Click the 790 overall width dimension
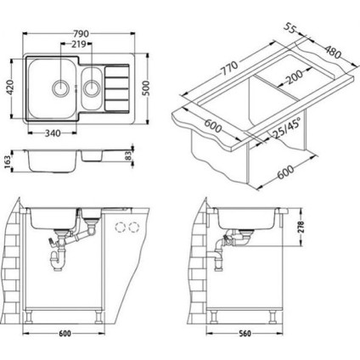point(82,34)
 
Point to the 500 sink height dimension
point(146,88)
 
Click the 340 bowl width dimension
point(53,133)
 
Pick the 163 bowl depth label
point(8,162)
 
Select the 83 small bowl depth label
point(129,156)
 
